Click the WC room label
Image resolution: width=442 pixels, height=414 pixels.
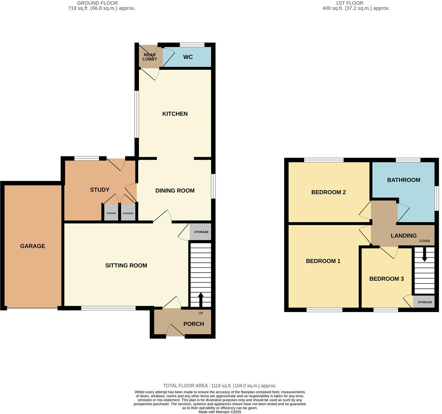(x=188, y=57)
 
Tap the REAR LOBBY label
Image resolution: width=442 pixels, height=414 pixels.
(x=150, y=57)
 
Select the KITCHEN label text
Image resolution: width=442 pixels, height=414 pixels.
(x=175, y=114)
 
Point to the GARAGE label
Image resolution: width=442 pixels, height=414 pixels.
(x=32, y=246)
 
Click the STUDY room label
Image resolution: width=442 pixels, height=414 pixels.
(x=99, y=190)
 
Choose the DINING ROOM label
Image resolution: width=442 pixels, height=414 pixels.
(x=175, y=190)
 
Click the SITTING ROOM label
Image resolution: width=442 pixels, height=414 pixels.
(x=126, y=265)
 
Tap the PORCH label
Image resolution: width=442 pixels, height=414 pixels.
(x=193, y=324)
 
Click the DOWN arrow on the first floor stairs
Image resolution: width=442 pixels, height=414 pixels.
(x=425, y=255)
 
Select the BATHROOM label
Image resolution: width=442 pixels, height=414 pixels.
(x=403, y=180)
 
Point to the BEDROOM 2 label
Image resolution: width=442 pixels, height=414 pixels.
(x=328, y=192)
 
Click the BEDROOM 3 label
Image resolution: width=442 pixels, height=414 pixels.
(x=386, y=279)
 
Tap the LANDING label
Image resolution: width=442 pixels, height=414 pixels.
(x=403, y=235)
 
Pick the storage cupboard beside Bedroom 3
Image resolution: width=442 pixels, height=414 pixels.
(x=425, y=302)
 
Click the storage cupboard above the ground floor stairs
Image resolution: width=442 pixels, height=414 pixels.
(x=201, y=232)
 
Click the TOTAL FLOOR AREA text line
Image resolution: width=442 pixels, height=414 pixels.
(x=220, y=386)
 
